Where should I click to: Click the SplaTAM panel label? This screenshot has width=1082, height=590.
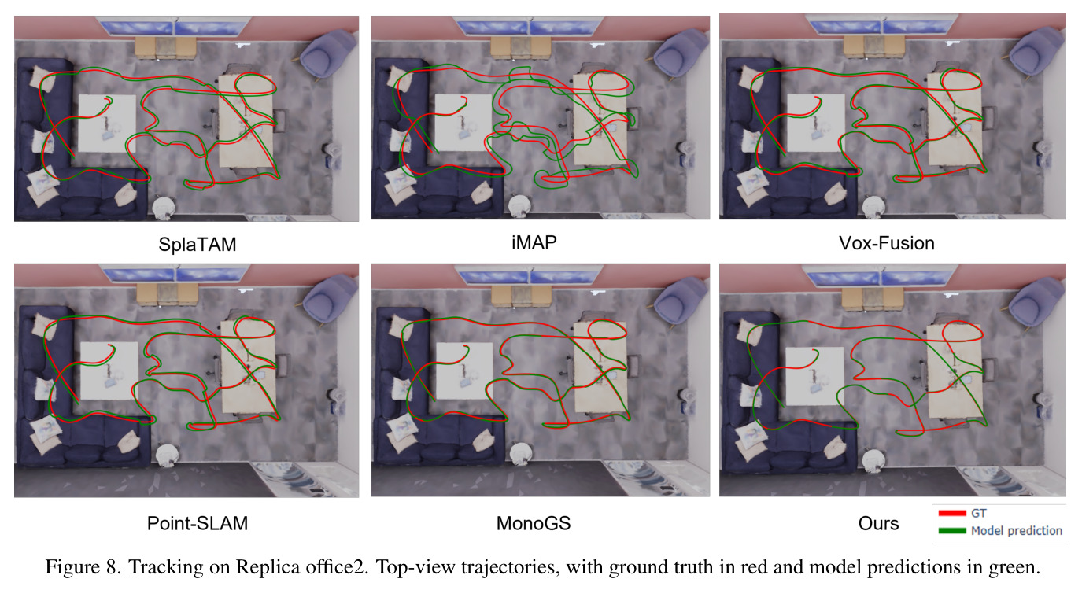click(x=197, y=245)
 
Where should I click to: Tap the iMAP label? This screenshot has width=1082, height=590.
click(x=534, y=242)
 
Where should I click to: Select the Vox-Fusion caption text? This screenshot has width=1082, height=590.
click(x=886, y=243)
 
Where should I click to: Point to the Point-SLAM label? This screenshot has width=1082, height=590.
click(x=197, y=523)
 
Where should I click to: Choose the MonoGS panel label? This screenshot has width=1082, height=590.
click(x=534, y=523)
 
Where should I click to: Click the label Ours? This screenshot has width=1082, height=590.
click(x=878, y=523)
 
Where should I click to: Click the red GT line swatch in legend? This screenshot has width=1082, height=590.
click(x=952, y=513)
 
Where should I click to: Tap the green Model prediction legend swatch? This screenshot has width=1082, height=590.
click(x=952, y=531)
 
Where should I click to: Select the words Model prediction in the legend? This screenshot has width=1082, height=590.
click(x=1017, y=531)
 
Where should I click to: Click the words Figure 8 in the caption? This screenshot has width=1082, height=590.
click(x=82, y=566)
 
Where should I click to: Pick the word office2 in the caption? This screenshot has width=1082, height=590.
click(x=338, y=566)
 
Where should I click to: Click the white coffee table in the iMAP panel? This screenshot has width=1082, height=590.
click(x=462, y=123)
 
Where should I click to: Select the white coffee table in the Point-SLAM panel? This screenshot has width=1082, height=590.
click(x=109, y=371)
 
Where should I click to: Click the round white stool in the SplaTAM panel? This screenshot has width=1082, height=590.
click(x=164, y=207)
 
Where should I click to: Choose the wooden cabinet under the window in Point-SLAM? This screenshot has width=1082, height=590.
click(x=167, y=294)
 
